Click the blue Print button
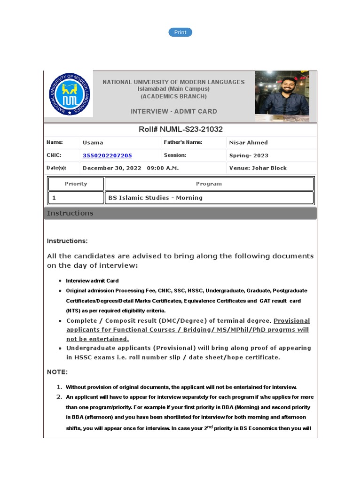(180, 32)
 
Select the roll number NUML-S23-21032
(180, 129)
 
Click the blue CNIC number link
(107, 155)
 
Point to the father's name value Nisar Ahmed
(248, 143)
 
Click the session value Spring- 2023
(249, 155)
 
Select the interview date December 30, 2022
(112, 168)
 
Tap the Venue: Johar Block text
(258, 168)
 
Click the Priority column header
(76, 184)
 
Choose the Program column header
(209, 184)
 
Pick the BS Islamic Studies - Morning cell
(156, 198)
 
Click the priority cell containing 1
(76, 198)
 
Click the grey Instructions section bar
(180, 213)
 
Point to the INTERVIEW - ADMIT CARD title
(173, 111)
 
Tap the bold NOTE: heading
(57, 372)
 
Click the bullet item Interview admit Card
(92, 281)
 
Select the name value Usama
(93, 143)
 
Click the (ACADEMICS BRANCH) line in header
(173, 96)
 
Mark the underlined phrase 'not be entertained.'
(97, 339)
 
